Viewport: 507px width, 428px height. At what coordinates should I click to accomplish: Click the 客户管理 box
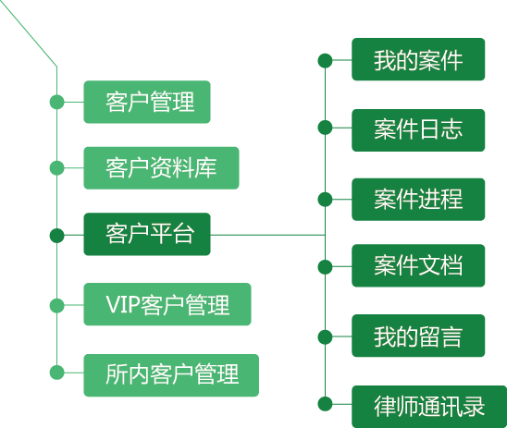pos(147,102)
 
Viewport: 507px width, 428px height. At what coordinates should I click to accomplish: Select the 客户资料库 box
pos(161,168)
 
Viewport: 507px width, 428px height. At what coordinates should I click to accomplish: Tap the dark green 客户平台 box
pos(147,234)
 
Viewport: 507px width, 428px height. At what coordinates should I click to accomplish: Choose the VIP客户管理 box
pos(167,304)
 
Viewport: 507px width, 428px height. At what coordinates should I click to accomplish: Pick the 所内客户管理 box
pos(171,375)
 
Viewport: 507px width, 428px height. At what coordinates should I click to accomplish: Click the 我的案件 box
pos(418,59)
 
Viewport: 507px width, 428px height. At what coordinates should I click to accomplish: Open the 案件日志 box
pos(418,130)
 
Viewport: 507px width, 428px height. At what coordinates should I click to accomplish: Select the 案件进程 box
pos(418,200)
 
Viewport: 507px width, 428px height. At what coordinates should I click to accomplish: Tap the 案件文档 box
pos(418,265)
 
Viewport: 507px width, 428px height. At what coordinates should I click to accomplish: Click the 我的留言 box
pos(418,336)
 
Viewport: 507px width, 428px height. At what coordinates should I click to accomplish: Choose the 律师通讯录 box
pos(429,407)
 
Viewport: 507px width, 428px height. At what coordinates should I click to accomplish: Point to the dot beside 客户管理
pos(57,102)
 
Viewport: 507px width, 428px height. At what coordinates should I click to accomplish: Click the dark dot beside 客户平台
pos(57,235)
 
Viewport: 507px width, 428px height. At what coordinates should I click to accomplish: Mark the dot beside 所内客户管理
pos(57,373)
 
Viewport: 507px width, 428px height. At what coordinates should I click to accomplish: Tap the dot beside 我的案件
pos(325,60)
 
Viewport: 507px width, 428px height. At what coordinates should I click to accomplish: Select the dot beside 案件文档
pos(325,267)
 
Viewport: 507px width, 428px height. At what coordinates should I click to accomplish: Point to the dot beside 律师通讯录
pos(325,404)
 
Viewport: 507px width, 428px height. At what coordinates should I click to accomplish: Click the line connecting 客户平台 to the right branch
pos(267,235)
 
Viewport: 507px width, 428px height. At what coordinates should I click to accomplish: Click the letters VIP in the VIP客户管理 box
pos(123,305)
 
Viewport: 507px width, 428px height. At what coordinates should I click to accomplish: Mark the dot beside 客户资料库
pos(57,168)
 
